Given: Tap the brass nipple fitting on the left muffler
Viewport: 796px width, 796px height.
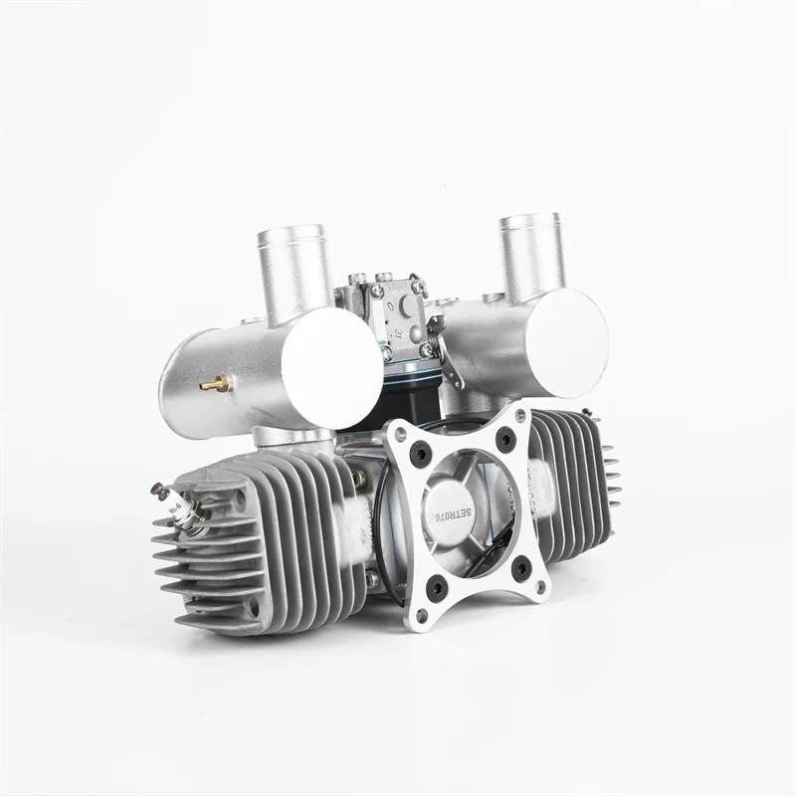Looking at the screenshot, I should click(x=211, y=382).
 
